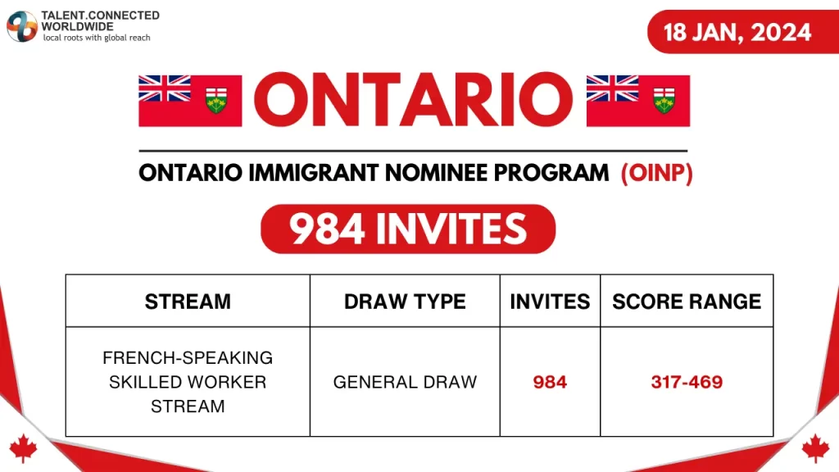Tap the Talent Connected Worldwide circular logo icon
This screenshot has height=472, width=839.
coord(22,26)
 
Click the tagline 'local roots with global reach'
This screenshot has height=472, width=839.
coord(96,38)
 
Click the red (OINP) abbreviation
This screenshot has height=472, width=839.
coord(656,173)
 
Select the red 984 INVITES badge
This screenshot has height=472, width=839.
coord(408,229)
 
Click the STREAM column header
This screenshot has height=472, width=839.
coord(188,302)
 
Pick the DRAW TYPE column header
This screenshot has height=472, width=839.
coord(405,302)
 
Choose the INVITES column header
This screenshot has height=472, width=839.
coord(550,302)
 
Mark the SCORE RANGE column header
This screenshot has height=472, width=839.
coord(687,302)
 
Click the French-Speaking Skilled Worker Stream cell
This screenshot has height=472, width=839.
coord(188,382)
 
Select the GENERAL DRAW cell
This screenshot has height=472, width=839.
coord(405,382)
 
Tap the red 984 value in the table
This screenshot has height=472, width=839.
coord(550,382)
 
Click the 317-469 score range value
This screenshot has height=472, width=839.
coord(687,382)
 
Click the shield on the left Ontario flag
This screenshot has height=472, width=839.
coord(216,101)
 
